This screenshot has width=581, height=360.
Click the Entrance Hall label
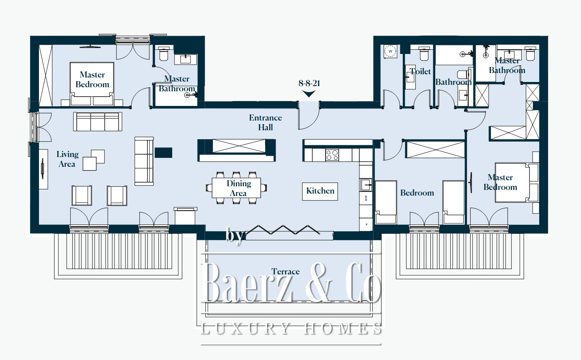coord(266,123)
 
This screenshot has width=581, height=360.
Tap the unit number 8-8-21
coord(309,83)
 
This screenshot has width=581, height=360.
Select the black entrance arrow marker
coord(309,93)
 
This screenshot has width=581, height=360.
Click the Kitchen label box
coord(320,192)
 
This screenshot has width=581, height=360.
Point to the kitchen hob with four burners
coord(332,155)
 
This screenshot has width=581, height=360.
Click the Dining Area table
coord(237,188)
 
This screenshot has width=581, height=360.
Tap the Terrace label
coord(285,272)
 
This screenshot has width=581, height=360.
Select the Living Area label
coord(67,159)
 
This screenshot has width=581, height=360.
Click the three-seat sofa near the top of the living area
coord(98,121)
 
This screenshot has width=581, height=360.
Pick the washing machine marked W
coord(390,52)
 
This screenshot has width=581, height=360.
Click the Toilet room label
coord(420,71)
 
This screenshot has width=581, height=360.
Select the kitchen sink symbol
coord(366,185)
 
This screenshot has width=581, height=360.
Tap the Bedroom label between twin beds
coord(417,193)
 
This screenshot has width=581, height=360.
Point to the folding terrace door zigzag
coord(283,230)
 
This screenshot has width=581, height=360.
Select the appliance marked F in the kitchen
coord(366,224)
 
